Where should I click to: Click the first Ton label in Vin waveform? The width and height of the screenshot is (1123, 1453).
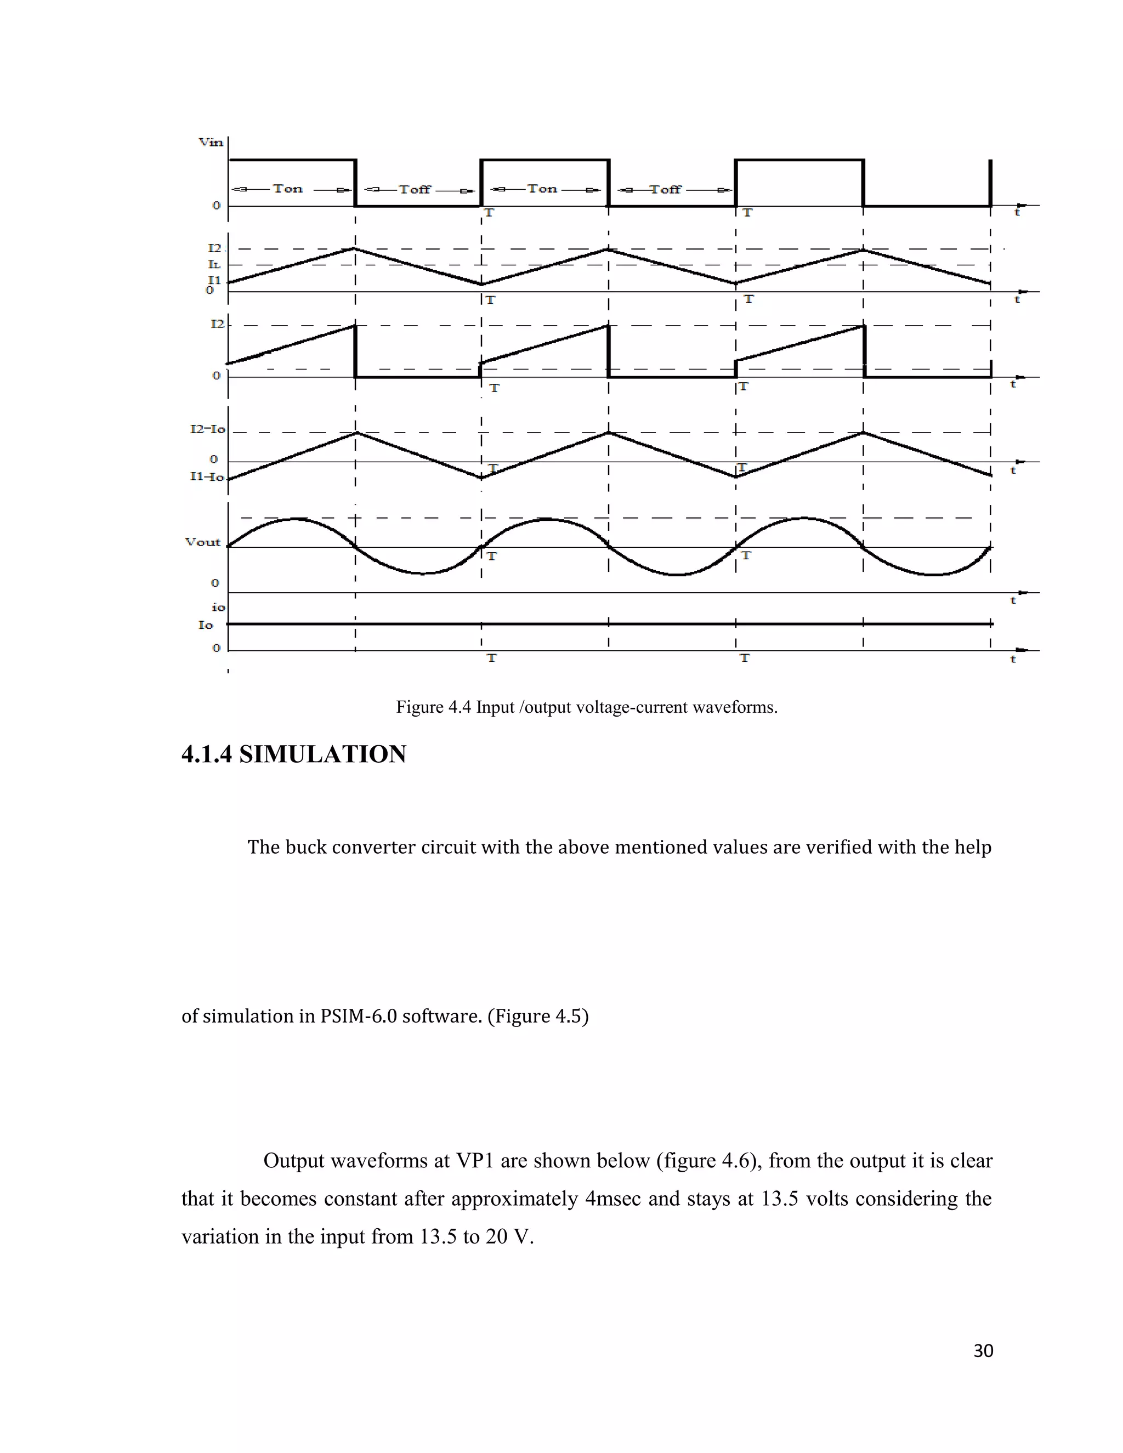point(287,189)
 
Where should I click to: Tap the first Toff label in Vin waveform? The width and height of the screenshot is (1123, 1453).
point(415,190)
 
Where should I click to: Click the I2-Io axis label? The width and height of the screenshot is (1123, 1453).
point(208,429)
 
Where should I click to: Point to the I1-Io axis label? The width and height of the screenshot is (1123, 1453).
point(207,476)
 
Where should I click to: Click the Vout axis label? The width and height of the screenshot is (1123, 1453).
point(202,542)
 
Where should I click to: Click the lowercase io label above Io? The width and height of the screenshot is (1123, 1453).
point(218,607)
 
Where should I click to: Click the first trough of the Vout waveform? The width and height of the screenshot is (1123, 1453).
point(422,573)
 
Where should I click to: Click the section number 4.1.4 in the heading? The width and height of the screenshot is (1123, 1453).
point(206,754)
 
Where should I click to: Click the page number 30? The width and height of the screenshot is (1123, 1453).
point(983,1350)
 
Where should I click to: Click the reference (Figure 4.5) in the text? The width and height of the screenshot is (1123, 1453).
point(537,1016)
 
